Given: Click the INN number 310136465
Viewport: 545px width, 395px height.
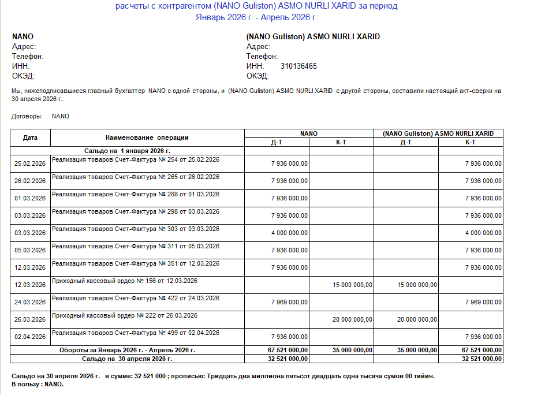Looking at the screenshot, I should (x=298, y=66).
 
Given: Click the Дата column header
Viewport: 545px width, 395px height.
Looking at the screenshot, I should (x=30, y=137).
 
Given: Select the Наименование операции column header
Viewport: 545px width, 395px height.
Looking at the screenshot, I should (x=147, y=137).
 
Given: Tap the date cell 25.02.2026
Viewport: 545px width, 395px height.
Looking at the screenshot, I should (x=30, y=163).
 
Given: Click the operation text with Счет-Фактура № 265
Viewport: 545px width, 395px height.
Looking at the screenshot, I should (x=136, y=177).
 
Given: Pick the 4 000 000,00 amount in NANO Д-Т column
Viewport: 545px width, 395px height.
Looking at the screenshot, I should (x=289, y=233).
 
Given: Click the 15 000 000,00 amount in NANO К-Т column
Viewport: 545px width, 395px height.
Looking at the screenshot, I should (x=353, y=285).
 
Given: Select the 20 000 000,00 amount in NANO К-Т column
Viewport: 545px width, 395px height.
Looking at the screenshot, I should (x=353, y=319).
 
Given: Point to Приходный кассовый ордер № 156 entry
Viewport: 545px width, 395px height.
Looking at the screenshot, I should (x=125, y=281).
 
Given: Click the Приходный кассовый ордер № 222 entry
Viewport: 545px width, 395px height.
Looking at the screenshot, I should (x=125, y=315).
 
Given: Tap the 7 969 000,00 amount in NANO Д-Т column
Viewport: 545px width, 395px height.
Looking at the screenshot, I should (x=289, y=302).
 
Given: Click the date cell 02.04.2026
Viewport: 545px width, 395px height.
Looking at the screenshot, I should (x=30, y=337).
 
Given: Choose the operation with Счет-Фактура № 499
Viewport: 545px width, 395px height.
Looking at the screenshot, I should (x=136, y=333).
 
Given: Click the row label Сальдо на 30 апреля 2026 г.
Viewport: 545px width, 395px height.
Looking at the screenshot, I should (x=127, y=359).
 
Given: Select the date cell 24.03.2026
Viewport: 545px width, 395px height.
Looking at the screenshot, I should (x=30, y=302).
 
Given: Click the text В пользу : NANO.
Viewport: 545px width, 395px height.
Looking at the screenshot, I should (x=38, y=384).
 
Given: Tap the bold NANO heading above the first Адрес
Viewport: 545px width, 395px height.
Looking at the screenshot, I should (x=23, y=37).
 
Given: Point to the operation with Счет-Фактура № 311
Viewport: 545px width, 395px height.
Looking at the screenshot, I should (x=136, y=246).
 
